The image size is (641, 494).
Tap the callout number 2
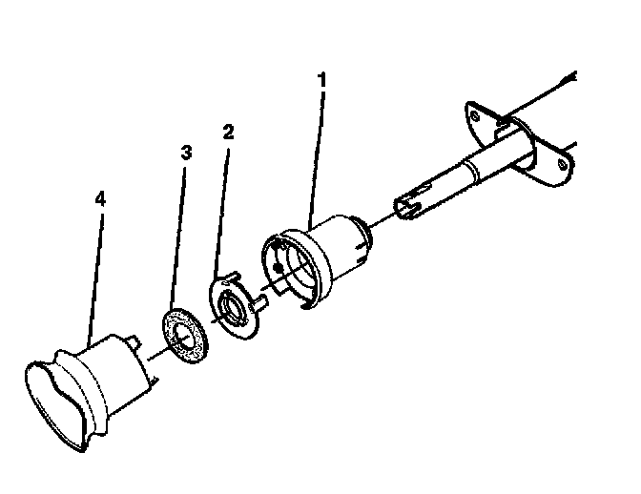click(227, 132)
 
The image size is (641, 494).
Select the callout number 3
click(185, 153)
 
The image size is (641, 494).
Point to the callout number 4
click(100, 199)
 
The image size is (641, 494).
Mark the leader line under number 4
click(93, 277)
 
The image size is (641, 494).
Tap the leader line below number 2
click(221, 210)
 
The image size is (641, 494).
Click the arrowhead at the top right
click(571, 75)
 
